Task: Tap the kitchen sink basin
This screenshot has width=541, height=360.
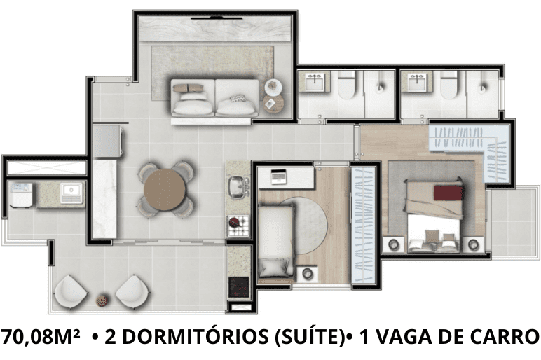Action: (237, 186)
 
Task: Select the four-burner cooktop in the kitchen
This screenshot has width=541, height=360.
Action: (238, 226)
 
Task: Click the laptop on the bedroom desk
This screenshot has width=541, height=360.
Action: (279, 176)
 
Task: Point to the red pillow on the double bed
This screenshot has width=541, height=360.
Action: (448, 193)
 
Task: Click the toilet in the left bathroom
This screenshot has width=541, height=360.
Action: (346, 84)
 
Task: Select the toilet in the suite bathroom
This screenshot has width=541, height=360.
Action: (448, 84)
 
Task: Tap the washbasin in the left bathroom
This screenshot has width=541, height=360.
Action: (315, 81)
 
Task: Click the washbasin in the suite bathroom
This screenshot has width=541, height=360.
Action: (416, 81)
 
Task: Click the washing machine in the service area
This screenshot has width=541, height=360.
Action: (21, 195)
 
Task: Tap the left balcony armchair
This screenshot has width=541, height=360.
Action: (70, 291)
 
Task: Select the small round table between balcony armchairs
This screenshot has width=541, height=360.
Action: (102, 300)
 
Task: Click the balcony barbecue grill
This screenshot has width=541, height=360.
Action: (238, 287)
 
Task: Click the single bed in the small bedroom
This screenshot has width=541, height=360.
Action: (275, 240)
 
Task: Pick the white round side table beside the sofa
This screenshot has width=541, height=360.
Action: (273, 87)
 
